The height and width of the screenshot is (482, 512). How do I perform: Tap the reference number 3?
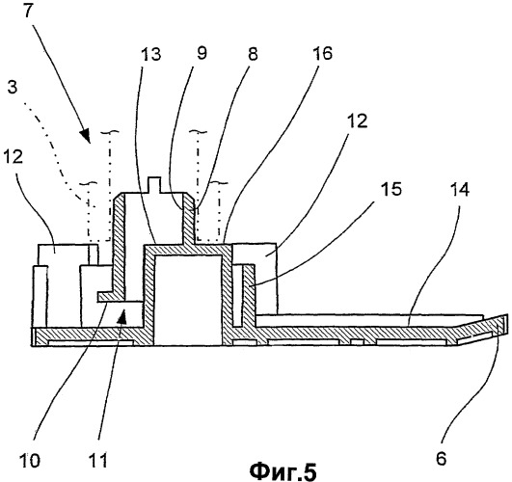tap(13, 88)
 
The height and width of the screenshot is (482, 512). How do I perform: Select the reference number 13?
tap(150, 54)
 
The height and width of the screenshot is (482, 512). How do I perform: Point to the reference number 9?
tap(202, 53)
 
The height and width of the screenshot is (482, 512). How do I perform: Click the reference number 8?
tap(252, 53)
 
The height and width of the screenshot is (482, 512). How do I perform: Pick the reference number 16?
tap(322, 53)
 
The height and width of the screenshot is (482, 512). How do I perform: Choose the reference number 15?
tap(391, 188)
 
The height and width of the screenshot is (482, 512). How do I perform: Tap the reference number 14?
tap(459, 189)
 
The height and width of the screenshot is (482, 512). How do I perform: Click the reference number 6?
tap(441, 459)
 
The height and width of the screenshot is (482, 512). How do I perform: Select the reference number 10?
tap(30, 461)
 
